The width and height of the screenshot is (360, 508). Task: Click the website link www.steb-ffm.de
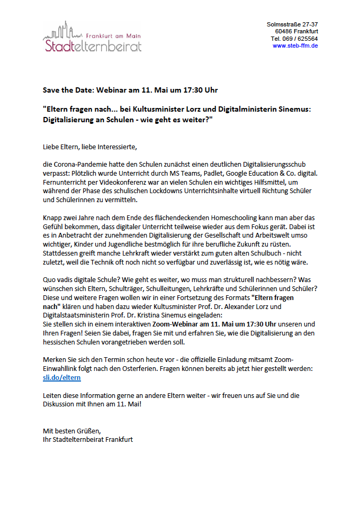[x=295, y=46]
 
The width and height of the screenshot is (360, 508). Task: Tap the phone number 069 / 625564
[x=301, y=39]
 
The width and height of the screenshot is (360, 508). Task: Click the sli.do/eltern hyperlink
[x=61, y=378]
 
